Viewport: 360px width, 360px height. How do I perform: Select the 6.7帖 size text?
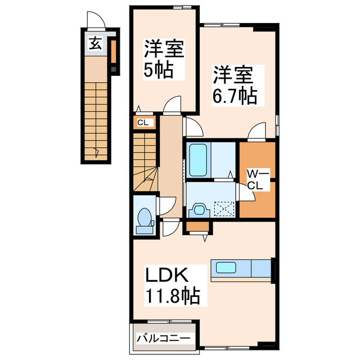(235, 96)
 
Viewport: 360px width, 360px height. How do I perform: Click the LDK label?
(166, 276)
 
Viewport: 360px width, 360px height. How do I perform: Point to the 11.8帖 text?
(173, 295)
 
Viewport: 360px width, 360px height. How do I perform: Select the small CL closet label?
(142, 122)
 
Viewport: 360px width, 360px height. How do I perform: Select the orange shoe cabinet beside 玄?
(112, 52)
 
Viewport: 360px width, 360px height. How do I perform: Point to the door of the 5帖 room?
(172, 105)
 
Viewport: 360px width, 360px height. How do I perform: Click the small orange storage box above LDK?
(198, 227)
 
